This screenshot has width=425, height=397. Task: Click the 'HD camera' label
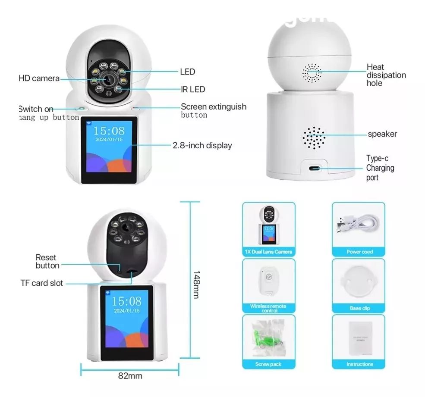click(x=39, y=78)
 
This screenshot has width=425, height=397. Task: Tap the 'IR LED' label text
click(x=192, y=90)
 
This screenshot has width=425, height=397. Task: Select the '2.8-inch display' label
click(x=202, y=146)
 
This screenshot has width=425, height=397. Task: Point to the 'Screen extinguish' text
click(x=213, y=106)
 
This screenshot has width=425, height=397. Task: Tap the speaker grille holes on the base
click(x=313, y=138)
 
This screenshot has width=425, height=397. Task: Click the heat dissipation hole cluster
click(x=312, y=73)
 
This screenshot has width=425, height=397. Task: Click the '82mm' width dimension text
click(x=130, y=376)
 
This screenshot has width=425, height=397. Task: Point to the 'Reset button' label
click(x=47, y=261)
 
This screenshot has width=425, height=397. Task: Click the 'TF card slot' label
click(x=42, y=283)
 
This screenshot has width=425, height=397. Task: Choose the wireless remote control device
click(x=268, y=280)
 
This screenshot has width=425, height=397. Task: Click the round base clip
click(x=359, y=282)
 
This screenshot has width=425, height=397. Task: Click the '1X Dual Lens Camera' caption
click(x=268, y=252)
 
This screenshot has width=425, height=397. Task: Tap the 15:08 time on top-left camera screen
click(x=109, y=131)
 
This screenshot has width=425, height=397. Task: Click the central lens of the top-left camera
click(x=107, y=79)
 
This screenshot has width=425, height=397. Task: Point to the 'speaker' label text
click(x=382, y=134)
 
